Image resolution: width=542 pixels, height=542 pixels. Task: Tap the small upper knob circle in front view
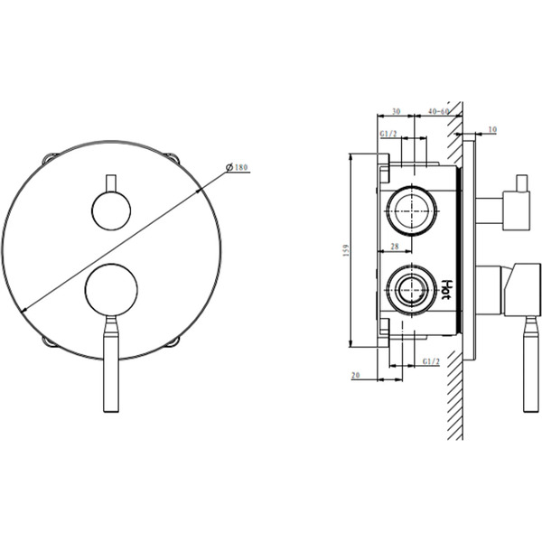(x=111, y=213)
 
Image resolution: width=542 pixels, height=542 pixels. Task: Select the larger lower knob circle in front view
(x=111, y=290)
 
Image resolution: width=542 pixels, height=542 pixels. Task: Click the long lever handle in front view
(x=110, y=366)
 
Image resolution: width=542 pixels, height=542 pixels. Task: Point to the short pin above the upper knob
(x=111, y=182)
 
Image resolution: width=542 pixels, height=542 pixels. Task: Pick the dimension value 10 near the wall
(x=491, y=130)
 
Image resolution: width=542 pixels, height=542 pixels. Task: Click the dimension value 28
(x=395, y=247)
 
